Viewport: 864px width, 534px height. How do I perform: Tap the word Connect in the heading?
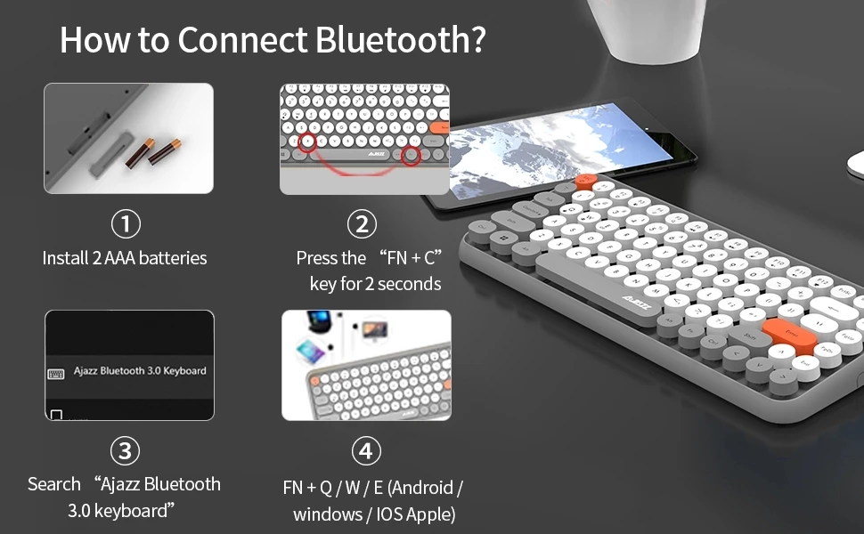point(242,40)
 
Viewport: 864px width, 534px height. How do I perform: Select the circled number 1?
point(126,224)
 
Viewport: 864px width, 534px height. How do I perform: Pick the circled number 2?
point(362,224)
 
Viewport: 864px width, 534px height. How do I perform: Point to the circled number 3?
point(125,451)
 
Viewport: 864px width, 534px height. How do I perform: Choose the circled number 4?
point(366,451)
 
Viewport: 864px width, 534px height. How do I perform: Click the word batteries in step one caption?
point(173,257)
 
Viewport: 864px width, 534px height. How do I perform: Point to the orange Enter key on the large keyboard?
point(789,336)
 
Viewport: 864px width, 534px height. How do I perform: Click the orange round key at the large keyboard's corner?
point(586,181)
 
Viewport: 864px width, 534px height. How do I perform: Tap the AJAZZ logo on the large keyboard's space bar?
point(637,303)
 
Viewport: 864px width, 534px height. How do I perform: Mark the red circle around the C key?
point(308,142)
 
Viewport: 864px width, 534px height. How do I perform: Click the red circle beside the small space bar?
point(411,156)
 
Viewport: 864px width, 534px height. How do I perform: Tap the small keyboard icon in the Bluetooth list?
point(55,375)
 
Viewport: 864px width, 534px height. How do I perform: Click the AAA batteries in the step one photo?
point(152,152)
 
